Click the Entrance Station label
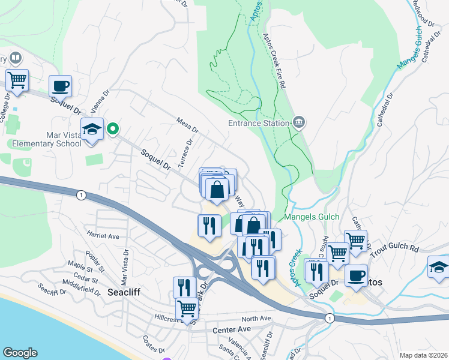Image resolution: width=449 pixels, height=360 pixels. pos(259,124)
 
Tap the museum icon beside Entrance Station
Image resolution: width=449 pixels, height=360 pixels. pos(299,123)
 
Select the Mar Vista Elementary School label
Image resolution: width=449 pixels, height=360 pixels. pos(46,139)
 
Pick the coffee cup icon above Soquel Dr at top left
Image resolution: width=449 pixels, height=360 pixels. pos(60,85)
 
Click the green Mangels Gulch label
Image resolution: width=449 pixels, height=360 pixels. pos(312,217)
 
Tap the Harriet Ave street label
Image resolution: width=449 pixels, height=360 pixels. pos(103,236)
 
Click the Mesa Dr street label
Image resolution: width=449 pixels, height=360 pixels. pos(187,125)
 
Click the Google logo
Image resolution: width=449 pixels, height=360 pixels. pos(20,353)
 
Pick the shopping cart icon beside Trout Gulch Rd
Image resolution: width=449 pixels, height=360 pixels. pos(356,240)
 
